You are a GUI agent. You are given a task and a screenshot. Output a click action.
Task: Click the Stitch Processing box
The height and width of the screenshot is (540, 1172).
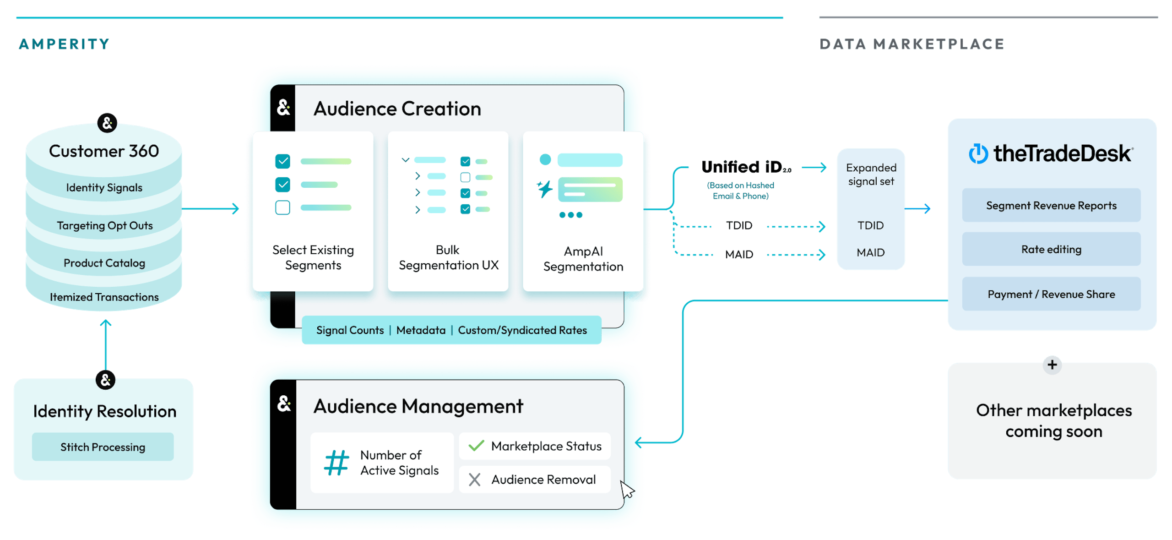click(x=103, y=447)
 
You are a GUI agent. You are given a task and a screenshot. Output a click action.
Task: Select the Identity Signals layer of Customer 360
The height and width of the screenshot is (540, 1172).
click(x=104, y=187)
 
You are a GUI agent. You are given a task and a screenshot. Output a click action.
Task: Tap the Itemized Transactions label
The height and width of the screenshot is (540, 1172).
click(x=104, y=297)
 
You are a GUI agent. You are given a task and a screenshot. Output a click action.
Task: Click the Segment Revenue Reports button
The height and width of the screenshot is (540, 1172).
click(x=1051, y=205)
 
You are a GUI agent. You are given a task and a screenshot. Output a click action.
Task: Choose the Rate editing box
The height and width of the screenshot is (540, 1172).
click(x=1051, y=249)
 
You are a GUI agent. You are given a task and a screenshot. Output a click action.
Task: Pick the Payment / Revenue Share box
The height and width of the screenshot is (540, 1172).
click(x=1051, y=294)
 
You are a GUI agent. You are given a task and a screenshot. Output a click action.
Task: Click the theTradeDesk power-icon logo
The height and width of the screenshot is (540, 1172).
click(x=978, y=154)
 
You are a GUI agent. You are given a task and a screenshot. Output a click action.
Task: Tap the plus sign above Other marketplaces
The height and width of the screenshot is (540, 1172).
click(x=1052, y=365)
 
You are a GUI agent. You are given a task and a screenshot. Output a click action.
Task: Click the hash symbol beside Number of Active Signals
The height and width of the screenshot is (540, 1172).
click(x=336, y=463)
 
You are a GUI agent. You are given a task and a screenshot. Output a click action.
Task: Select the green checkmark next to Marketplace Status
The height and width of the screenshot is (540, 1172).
click(x=476, y=446)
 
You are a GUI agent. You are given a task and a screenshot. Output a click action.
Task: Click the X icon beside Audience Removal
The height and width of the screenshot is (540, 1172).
click(x=475, y=480)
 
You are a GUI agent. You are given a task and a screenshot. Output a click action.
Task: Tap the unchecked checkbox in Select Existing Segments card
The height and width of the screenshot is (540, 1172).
click(x=282, y=207)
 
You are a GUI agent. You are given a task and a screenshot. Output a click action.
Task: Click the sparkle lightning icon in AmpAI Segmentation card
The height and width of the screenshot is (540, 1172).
click(x=545, y=189)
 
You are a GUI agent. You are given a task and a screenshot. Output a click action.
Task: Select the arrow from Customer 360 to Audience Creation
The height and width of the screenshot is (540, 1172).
click(x=211, y=209)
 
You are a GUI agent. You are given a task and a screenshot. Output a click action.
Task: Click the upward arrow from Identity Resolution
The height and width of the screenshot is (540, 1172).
click(x=106, y=344)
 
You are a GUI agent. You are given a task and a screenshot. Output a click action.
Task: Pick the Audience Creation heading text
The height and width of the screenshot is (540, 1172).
click(x=397, y=109)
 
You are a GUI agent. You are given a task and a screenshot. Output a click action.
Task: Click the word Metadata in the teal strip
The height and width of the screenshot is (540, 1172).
click(x=421, y=330)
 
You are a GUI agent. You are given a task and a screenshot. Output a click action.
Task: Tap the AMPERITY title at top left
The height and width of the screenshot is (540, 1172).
click(x=64, y=44)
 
